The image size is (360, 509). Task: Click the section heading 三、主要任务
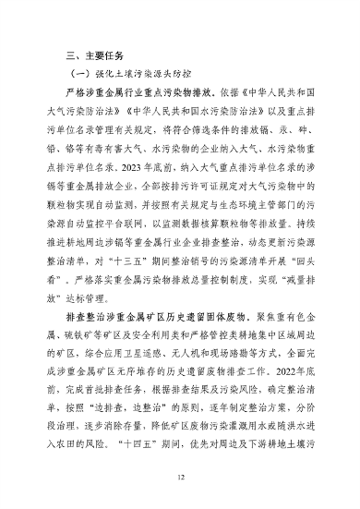(87, 55)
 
